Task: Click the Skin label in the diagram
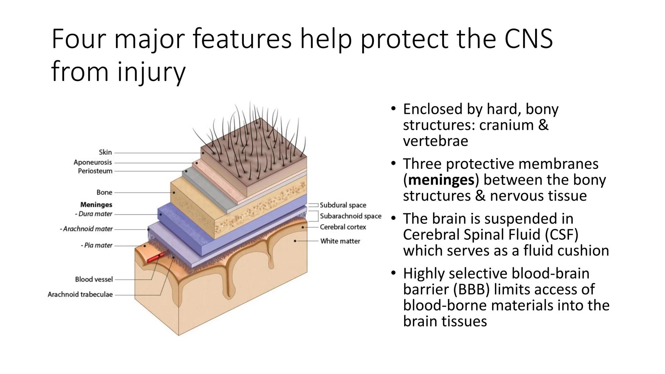click(x=105, y=152)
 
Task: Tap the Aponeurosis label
click(x=93, y=162)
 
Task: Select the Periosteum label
click(x=95, y=171)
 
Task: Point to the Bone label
click(x=104, y=192)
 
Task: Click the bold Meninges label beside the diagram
click(x=96, y=205)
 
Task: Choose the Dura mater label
click(x=94, y=214)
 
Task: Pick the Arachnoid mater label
click(x=87, y=229)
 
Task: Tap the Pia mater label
click(x=97, y=245)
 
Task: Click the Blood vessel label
click(x=94, y=279)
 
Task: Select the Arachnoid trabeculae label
click(x=80, y=294)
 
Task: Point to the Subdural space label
click(x=343, y=205)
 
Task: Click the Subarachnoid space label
click(x=350, y=216)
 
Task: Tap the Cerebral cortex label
click(x=343, y=227)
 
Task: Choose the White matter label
click(x=340, y=241)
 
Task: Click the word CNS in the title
click(x=528, y=39)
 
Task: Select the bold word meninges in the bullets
click(x=441, y=180)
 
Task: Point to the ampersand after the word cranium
click(x=543, y=125)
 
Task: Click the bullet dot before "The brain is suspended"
click(x=393, y=218)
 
